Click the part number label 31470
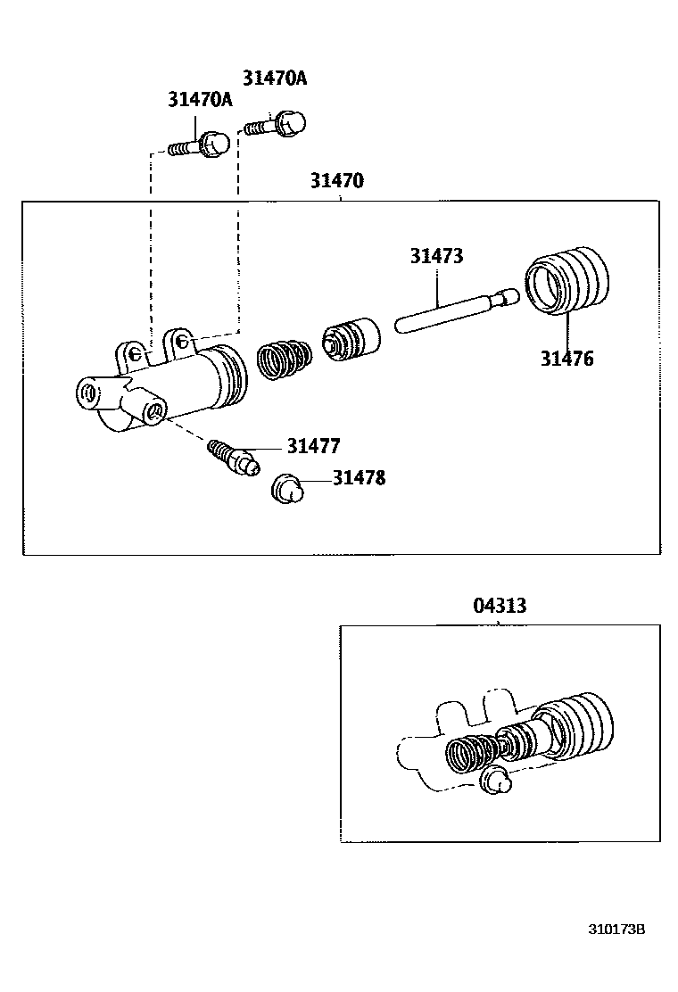(x=336, y=181)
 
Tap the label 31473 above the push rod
(x=436, y=256)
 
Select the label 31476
(x=566, y=359)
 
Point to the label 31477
(x=313, y=446)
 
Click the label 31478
(x=359, y=478)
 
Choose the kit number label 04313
(x=500, y=606)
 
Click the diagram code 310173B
(x=616, y=929)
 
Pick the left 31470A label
(x=200, y=99)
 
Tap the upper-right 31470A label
(x=275, y=78)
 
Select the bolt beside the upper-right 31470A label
(x=275, y=123)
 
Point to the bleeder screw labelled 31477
(x=232, y=456)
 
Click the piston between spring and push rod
(x=350, y=339)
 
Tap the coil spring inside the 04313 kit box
(x=470, y=753)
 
